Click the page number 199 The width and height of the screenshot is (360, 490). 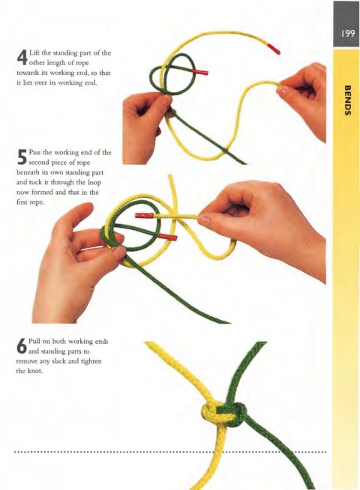click(348, 33)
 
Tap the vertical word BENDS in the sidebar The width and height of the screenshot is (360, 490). click(347, 100)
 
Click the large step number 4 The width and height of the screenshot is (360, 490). click(22, 58)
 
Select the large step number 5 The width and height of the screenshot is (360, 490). click(22, 157)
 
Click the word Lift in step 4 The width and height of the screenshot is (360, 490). click(34, 52)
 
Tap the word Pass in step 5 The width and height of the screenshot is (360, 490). click(34, 153)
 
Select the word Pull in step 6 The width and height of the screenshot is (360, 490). click(34, 341)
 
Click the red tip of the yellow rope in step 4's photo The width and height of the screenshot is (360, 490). click(273, 49)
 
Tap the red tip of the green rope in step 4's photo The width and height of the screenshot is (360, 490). click(200, 73)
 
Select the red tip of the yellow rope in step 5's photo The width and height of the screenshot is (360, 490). click(144, 215)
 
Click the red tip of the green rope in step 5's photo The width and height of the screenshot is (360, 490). click(167, 236)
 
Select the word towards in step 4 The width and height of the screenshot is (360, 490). click(28, 73)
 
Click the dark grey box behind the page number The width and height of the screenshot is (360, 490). click(346, 24)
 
